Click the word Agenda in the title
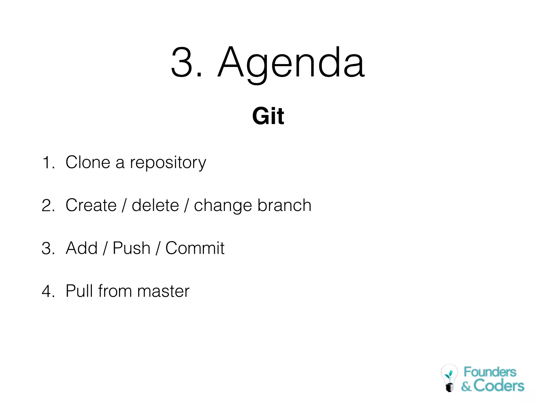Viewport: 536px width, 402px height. pos(291,63)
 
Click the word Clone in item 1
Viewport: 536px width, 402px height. pos(88,162)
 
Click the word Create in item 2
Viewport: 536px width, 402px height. pos(91,205)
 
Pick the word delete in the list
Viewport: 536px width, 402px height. pos(155,205)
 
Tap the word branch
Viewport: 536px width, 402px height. pos(284,205)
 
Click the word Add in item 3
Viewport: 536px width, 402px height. pos(81,248)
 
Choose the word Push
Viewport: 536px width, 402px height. pos(131,248)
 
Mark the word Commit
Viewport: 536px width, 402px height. pos(195,248)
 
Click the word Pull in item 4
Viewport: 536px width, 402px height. pos(79,291)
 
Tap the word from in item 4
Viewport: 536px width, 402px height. pos(115,291)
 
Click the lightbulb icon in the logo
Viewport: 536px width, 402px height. pos(449,378)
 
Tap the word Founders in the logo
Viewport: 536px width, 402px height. pos(490,372)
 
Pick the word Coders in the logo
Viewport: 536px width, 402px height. pos(499,386)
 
